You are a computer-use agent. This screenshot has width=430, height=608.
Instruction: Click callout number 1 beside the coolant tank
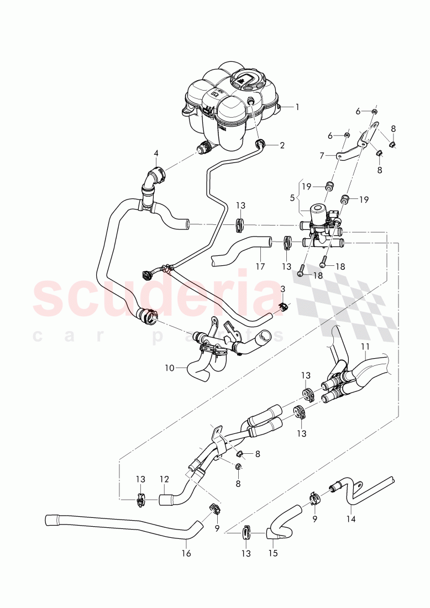(297, 107)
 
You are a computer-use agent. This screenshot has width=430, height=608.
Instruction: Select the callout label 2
(282, 146)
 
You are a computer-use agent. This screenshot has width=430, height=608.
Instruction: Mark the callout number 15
(273, 553)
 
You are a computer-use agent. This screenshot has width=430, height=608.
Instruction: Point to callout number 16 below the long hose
(186, 553)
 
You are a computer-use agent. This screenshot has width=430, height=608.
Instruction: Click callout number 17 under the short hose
(260, 266)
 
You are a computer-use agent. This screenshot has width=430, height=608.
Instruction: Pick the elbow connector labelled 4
(154, 179)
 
